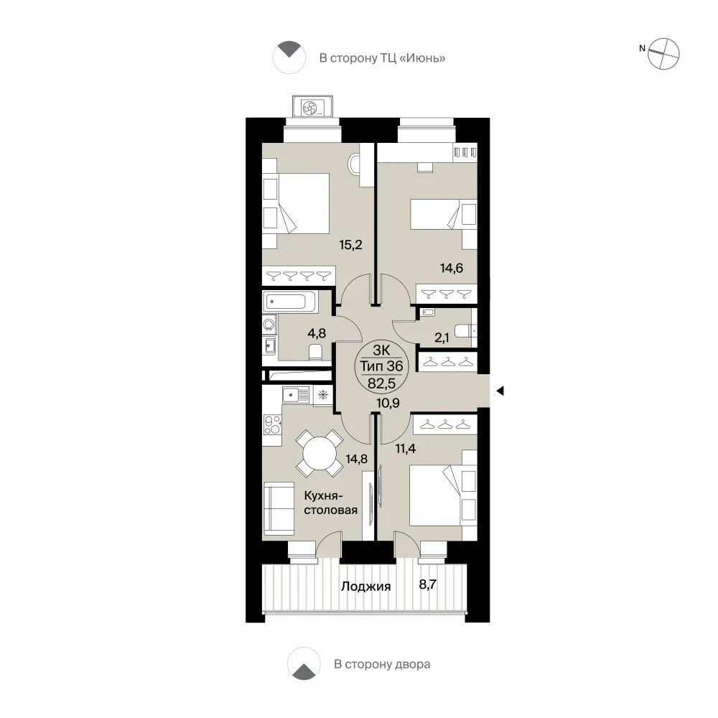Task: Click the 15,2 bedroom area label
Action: point(351,245)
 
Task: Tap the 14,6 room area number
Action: point(452,268)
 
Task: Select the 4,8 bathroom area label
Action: point(317,333)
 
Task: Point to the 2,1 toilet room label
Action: point(442,338)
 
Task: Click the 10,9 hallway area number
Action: point(388,403)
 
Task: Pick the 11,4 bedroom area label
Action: point(405,448)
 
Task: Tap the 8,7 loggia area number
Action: point(428,584)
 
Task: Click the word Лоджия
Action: point(366,587)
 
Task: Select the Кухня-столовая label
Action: point(330,503)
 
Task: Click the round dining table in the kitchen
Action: point(320,453)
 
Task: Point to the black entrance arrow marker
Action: point(500,391)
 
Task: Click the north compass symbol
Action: point(663,54)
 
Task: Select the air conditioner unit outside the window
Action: point(312,108)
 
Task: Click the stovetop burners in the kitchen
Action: point(272,424)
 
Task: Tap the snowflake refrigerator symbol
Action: point(323,395)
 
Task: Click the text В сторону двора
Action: point(382,664)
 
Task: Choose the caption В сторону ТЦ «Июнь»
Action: point(382,58)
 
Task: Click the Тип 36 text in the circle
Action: point(381,366)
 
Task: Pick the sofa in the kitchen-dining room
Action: point(279,508)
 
